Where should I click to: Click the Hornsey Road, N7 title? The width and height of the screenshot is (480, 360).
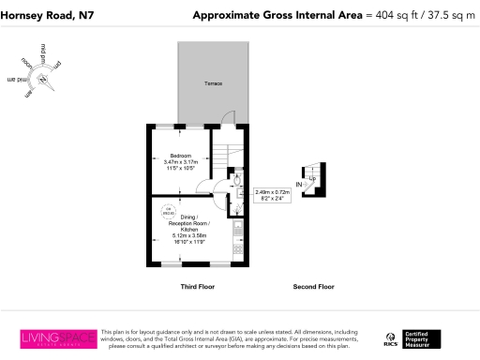[x=42, y=14]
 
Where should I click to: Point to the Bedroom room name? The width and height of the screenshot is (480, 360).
[x=180, y=155]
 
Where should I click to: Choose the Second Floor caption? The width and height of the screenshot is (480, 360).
[x=313, y=286]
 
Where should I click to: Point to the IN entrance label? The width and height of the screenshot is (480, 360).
[x=300, y=186]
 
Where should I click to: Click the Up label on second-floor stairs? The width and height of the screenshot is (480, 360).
[x=311, y=178]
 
